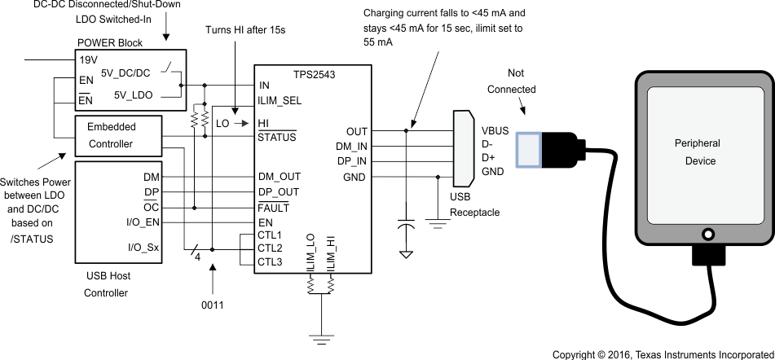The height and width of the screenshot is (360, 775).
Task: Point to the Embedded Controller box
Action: pos(117,136)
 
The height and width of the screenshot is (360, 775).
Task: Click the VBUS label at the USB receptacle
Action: pos(495,130)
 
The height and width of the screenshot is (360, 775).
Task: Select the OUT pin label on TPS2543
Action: pos(357,130)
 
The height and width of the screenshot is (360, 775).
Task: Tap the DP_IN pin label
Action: pos(351,161)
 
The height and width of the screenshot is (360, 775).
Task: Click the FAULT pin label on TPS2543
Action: pos(275,208)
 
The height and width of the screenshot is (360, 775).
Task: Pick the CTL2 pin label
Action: pos(270,248)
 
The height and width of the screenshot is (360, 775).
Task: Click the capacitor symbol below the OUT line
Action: pos(405,226)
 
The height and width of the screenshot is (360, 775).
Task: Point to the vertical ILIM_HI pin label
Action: pos(331,253)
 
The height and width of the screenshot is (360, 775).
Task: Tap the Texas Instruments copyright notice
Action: pos(661,354)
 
